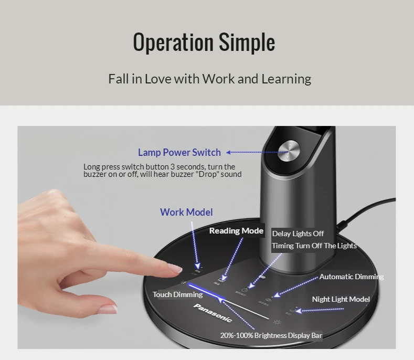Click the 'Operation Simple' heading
pyautogui.click(x=204, y=42)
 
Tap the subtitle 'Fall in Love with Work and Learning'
pyautogui.click(x=209, y=79)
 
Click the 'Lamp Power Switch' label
pyautogui.click(x=179, y=153)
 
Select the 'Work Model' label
pyautogui.click(x=186, y=212)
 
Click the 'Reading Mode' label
pyautogui.click(x=236, y=231)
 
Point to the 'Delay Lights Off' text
pyautogui.click(x=298, y=234)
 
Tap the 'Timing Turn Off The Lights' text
pyautogui.click(x=314, y=246)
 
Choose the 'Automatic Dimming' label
pyautogui.click(x=352, y=277)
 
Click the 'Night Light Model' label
pyautogui.click(x=341, y=299)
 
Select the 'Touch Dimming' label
pyautogui.click(x=177, y=294)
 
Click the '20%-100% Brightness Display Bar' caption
pyautogui.click(x=271, y=335)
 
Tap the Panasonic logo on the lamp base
pyautogui.click(x=213, y=312)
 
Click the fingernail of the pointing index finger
pyautogui.click(x=175, y=269)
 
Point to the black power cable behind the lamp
pyautogui.click(x=367, y=210)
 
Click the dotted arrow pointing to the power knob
pyautogui.click(x=252, y=153)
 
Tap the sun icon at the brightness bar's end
pyautogui.click(x=276, y=322)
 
